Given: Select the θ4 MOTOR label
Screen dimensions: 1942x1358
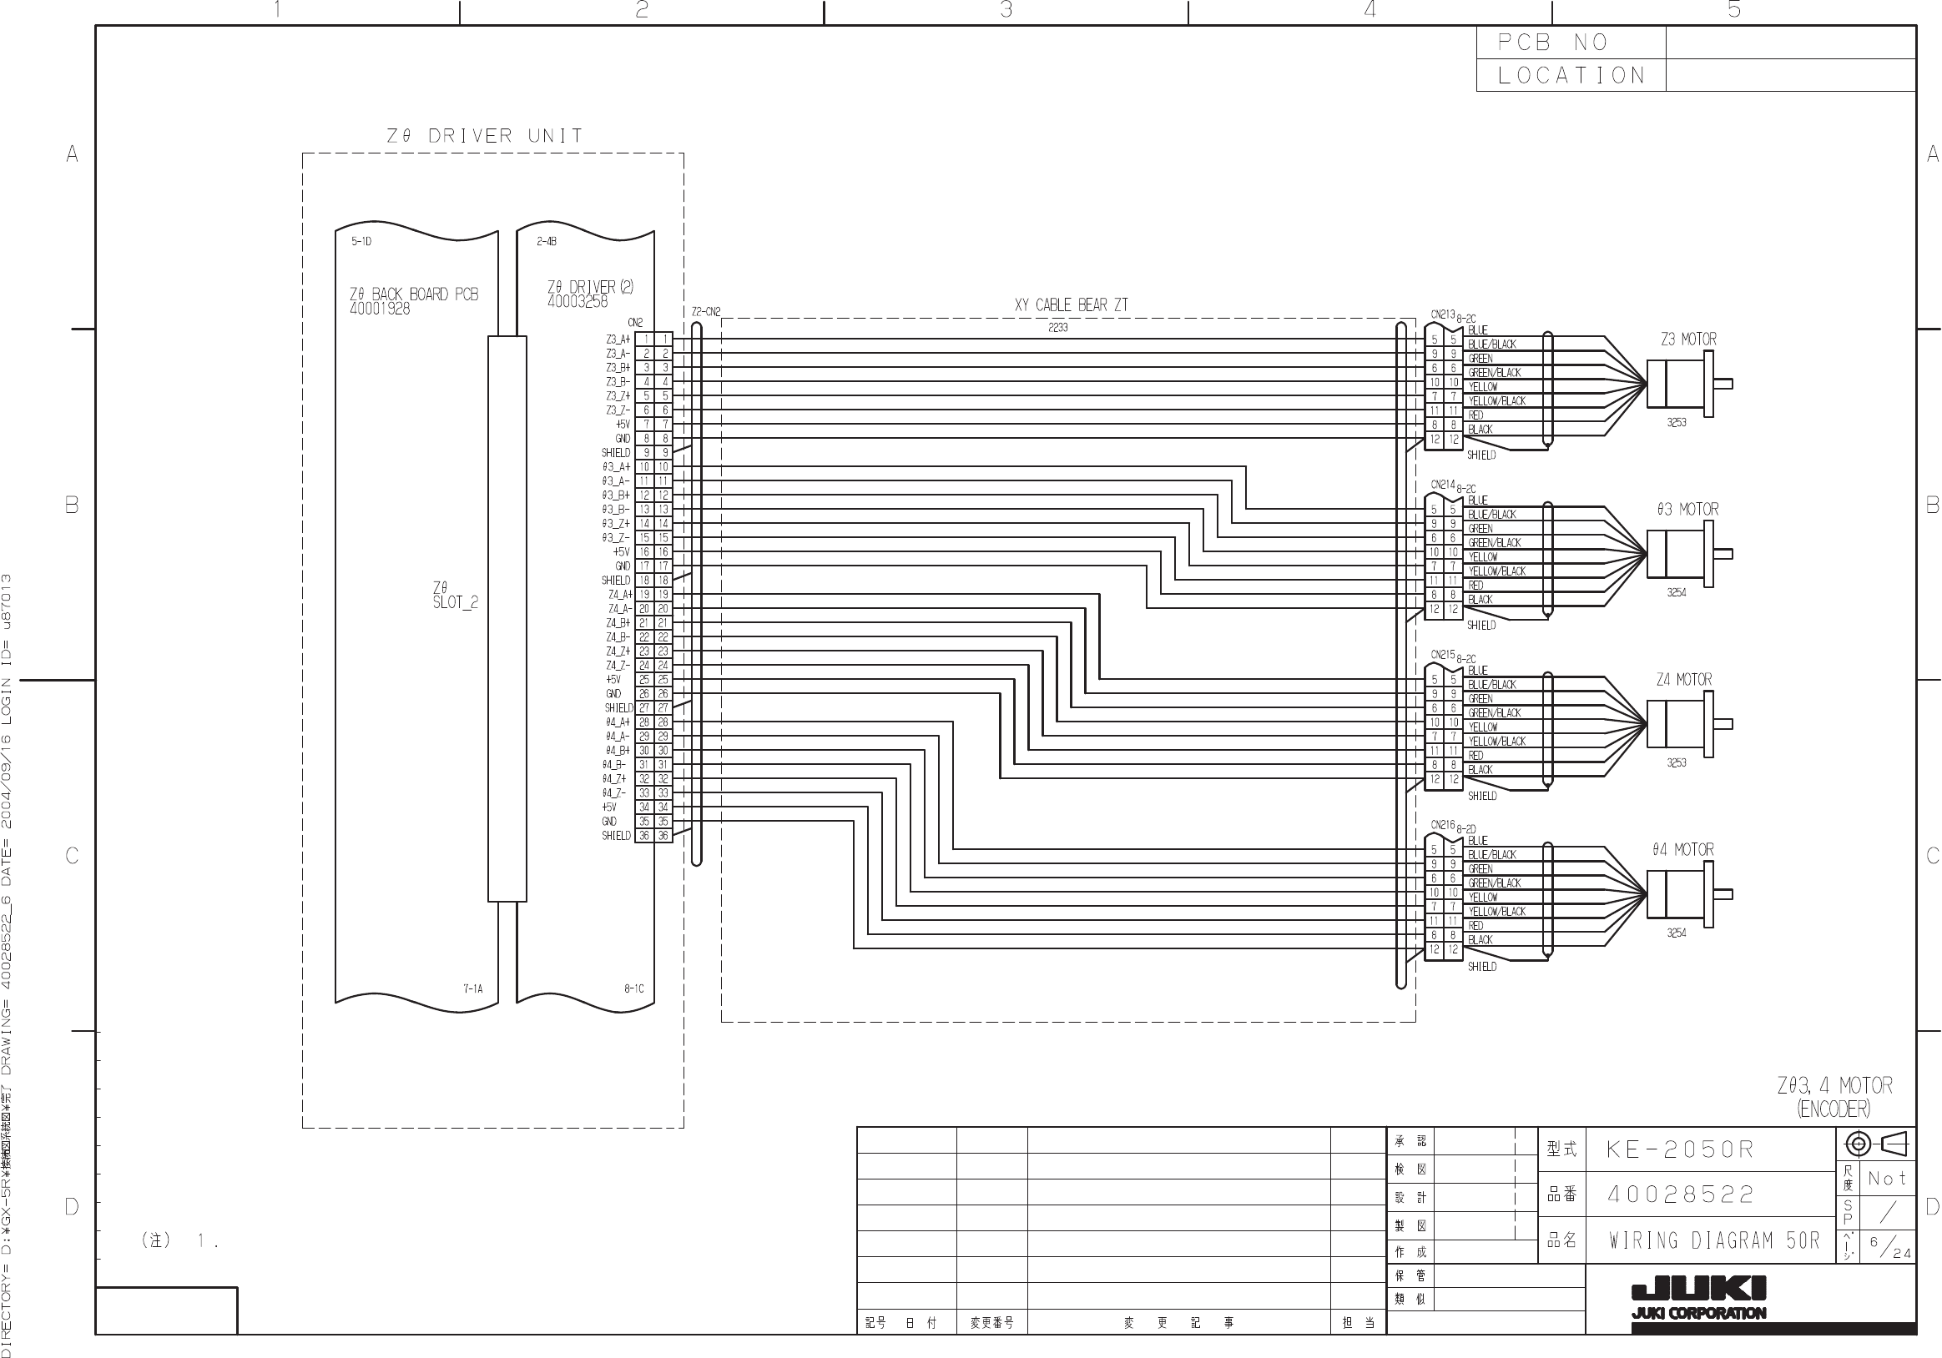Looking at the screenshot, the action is [1682, 850].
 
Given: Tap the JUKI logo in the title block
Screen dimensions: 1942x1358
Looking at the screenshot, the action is [1698, 1295].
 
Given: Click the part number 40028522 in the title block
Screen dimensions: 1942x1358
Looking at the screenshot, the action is [1681, 1195].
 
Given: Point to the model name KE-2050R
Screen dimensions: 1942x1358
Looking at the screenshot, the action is [1680, 1150].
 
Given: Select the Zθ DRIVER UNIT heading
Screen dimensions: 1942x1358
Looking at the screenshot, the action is [485, 136].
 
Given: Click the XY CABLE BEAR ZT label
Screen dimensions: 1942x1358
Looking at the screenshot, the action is [1071, 305].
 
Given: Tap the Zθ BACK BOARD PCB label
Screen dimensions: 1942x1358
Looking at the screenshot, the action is [414, 294].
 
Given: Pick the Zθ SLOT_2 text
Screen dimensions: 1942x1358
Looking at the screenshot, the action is [455, 595].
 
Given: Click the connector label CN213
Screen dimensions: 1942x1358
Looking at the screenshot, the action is [1442, 315].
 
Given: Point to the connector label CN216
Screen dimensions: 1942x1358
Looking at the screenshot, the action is [1442, 825].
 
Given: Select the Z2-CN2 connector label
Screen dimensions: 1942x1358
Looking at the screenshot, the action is [705, 312].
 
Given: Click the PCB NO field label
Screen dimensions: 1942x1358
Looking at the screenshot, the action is [1552, 43].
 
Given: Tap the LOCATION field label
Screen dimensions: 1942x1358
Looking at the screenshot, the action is [1571, 75].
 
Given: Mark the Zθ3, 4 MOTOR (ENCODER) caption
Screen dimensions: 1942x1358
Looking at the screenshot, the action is [1834, 1097].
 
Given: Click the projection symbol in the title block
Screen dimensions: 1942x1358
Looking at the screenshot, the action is [1876, 1145].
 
